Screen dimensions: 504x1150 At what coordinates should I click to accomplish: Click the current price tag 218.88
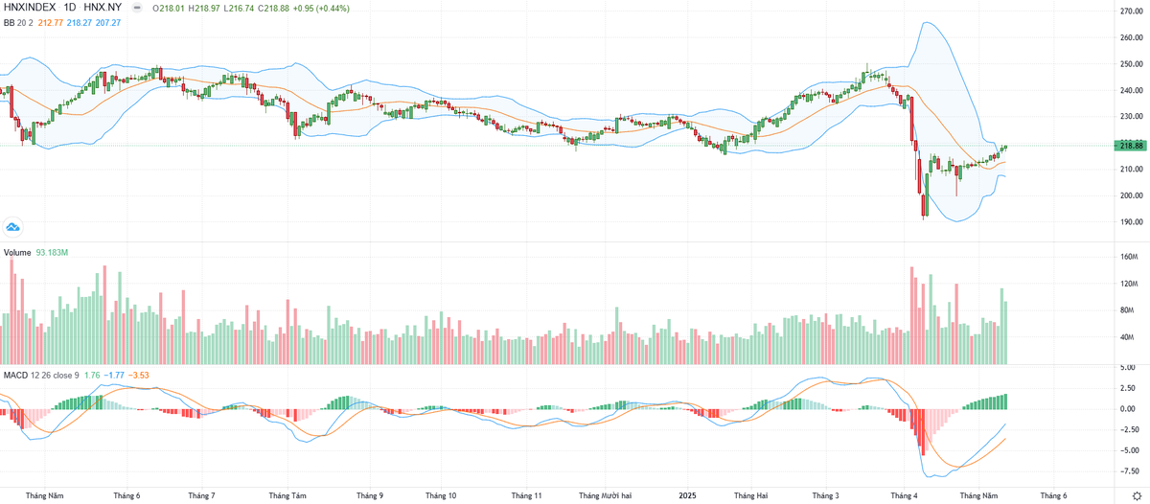click(x=1131, y=146)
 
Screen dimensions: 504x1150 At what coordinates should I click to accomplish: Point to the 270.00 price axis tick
click(x=1131, y=11)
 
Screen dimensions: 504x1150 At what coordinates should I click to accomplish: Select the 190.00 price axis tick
click(x=1131, y=221)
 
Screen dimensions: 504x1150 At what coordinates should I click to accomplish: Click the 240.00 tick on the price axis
click(x=1131, y=90)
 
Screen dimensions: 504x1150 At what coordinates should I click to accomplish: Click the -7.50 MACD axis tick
click(x=1129, y=470)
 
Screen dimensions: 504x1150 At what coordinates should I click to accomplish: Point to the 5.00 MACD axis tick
click(x=1129, y=367)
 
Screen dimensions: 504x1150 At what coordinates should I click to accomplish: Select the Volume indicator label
click(x=16, y=253)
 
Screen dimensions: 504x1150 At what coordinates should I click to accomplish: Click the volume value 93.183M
click(x=53, y=253)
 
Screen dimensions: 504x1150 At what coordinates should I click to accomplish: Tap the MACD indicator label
click(x=15, y=374)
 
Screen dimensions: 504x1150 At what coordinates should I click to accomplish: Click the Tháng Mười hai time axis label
click(x=605, y=495)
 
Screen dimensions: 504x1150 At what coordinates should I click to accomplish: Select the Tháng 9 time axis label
click(x=369, y=495)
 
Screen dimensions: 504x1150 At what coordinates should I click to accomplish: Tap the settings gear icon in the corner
click(x=1137, y=495)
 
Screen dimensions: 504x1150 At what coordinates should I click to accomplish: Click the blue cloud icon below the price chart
click(x=13, y=227)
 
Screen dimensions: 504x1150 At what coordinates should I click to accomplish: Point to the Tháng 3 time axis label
click(x=826, y=495)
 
